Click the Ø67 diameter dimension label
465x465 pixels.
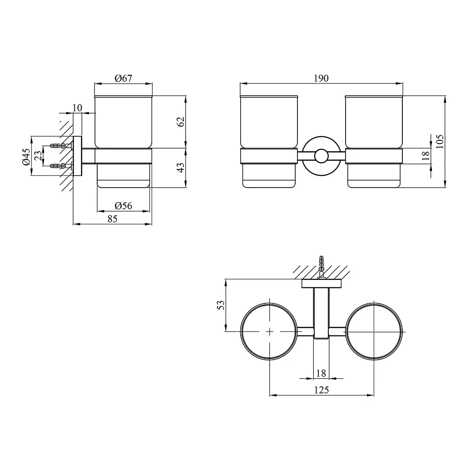click(x=124, y=78)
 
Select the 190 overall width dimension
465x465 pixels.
click(x=321, y=78)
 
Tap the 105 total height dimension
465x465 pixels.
click(x=440, y=142)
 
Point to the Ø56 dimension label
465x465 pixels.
click(x=124, y=206)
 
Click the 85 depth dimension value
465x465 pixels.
click(x=113, y=219)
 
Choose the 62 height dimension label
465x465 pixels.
click(x=181, y=122)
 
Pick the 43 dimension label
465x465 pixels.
click(x=181, y=167)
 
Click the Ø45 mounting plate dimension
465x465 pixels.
click(x=26, y=157)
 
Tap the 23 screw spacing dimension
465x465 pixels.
click(x=38, y=156)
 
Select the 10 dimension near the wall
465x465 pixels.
click(x=77, y=108)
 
